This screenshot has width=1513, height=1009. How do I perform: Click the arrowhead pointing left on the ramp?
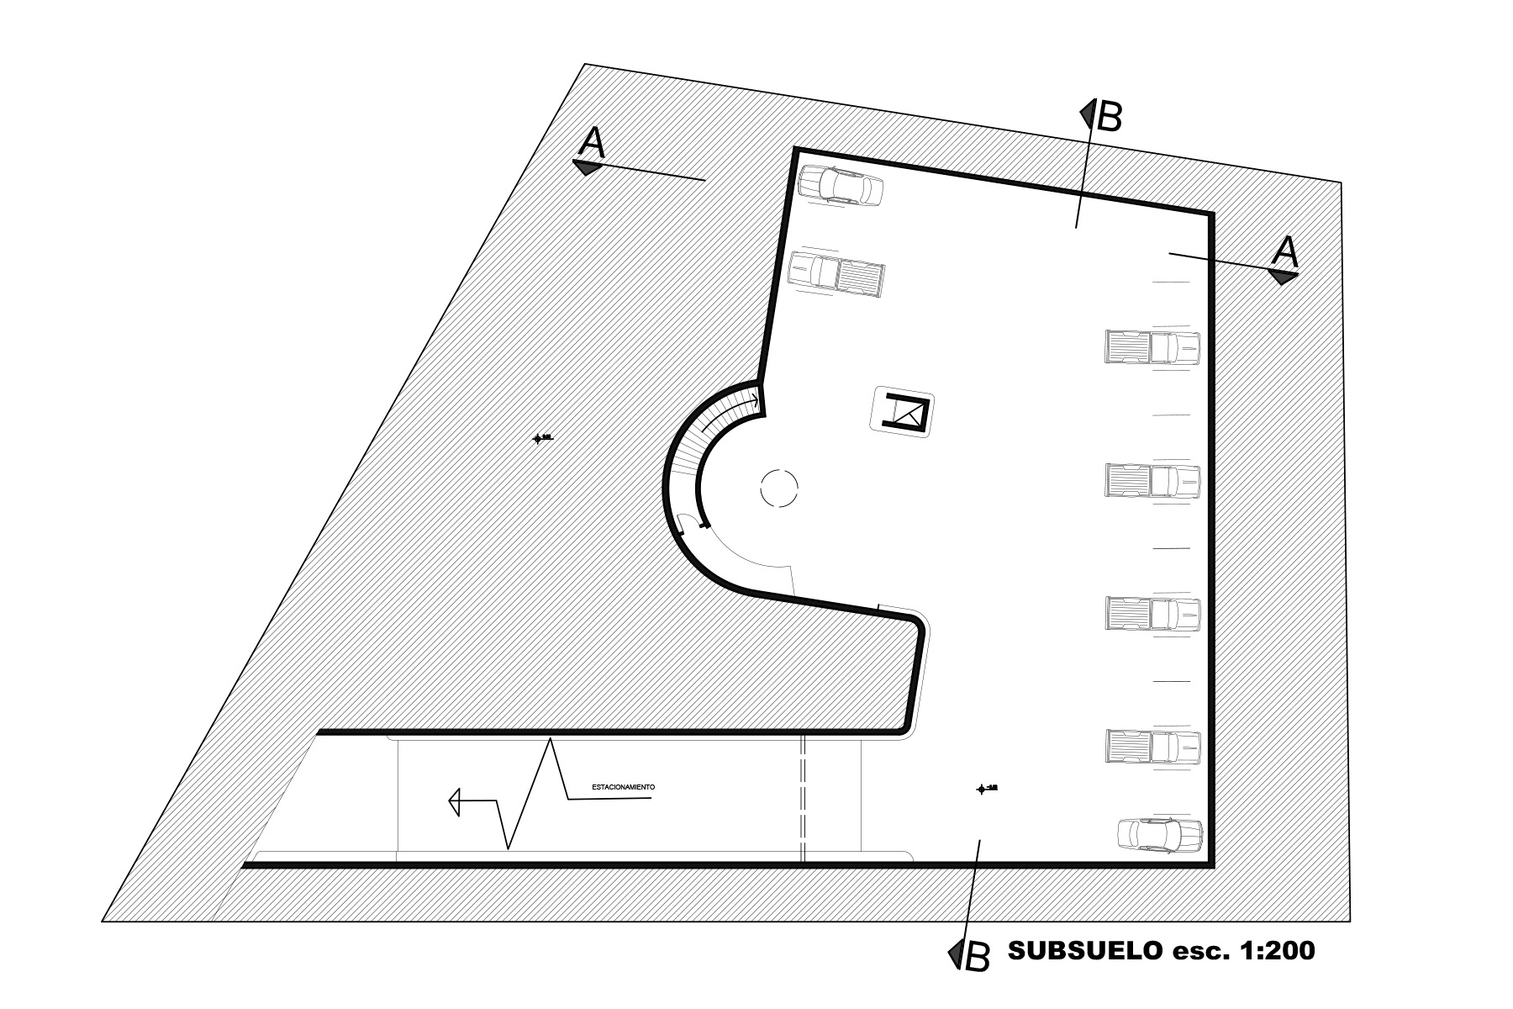(x=455, y=801)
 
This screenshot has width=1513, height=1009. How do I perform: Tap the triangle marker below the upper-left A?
(x=587, y=167)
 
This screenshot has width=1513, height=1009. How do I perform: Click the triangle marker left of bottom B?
(x=956, y=953)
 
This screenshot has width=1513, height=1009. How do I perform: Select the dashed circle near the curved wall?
(x=779, y=487)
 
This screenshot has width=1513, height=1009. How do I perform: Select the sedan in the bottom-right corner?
(x=1160, y=835)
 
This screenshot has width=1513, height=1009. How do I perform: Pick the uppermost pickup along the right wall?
(x=1152, y=347)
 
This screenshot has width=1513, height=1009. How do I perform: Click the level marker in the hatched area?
(x=539, y=438)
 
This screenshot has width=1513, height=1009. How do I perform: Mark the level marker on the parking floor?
(x=981, y=789)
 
